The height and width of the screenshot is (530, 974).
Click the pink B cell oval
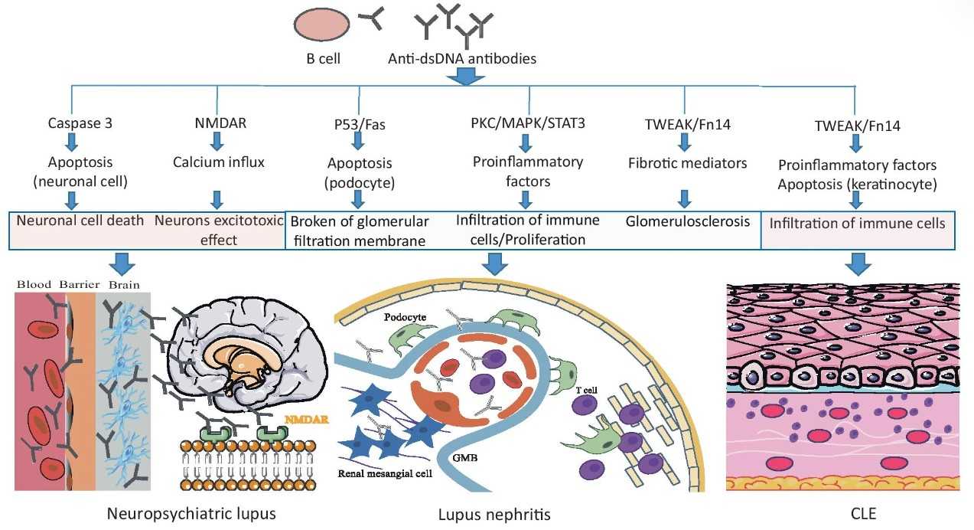coord(321,24)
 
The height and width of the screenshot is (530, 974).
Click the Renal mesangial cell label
coord(385,473)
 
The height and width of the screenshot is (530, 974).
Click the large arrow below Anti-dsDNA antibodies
coord(466,77)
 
